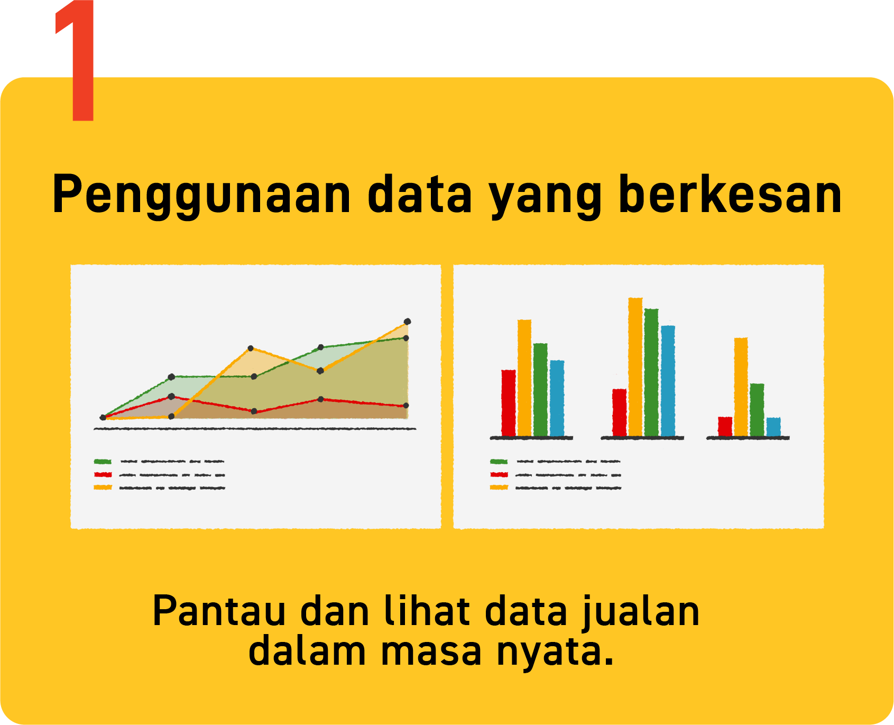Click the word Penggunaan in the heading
(x=201, y=195)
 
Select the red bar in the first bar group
(x=508, y=403)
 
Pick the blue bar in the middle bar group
(x=668, y=381)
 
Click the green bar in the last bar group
(x=757, y=410)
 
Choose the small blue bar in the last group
(x=773, y=427)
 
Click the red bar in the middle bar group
(x=620, y=412)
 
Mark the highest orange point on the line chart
(x=407, y=322)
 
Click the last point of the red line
(x=406, y=406)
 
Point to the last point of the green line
(x=406, y=338)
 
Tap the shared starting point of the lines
(x=103, y=418)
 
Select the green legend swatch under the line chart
(x=103, y=462)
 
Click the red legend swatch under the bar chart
(x=499, y=474)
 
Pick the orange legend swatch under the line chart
(x=103, y=487)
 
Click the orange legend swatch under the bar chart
(x=499, y=487)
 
